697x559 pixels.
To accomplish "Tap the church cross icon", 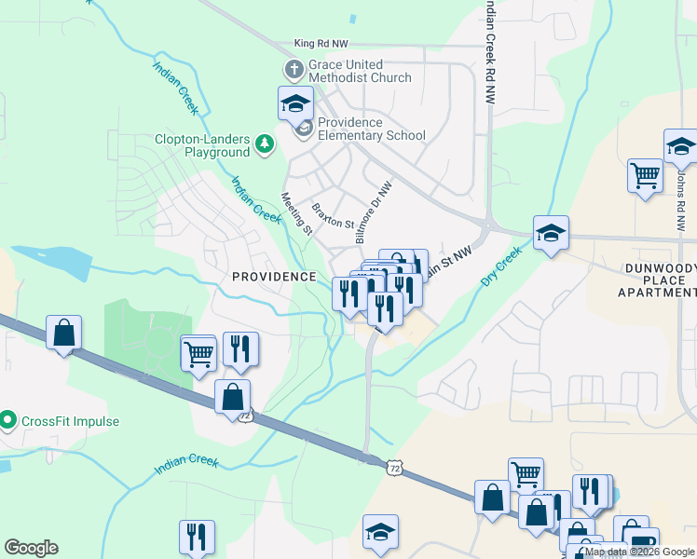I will pyautogui.click(x=294, y=70).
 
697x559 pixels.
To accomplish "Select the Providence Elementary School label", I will pyautogui.click(x=371, y=129).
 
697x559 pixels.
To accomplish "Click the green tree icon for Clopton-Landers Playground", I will pyautogui.click(x=266, y=144).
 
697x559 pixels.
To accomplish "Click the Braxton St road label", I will pyautogui.click(x=334, y=216).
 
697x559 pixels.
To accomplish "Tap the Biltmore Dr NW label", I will pyautogui.click(x=375, y=213).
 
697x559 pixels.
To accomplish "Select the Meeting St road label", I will pyautogui.click(x=297, y=214).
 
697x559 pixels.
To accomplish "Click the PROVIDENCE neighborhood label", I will pyautogui.click(x=274, y=277).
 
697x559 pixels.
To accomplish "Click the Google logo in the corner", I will pyautogui.click(x=31, y=548).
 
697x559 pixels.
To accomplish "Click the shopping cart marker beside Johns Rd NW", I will pyautogui.click(x=645, y=175).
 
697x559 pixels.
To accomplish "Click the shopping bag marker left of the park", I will pyautogui.click(x=63, y=333).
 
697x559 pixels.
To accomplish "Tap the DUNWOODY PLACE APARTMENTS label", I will pyautogui.click(x=657, y=279).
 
